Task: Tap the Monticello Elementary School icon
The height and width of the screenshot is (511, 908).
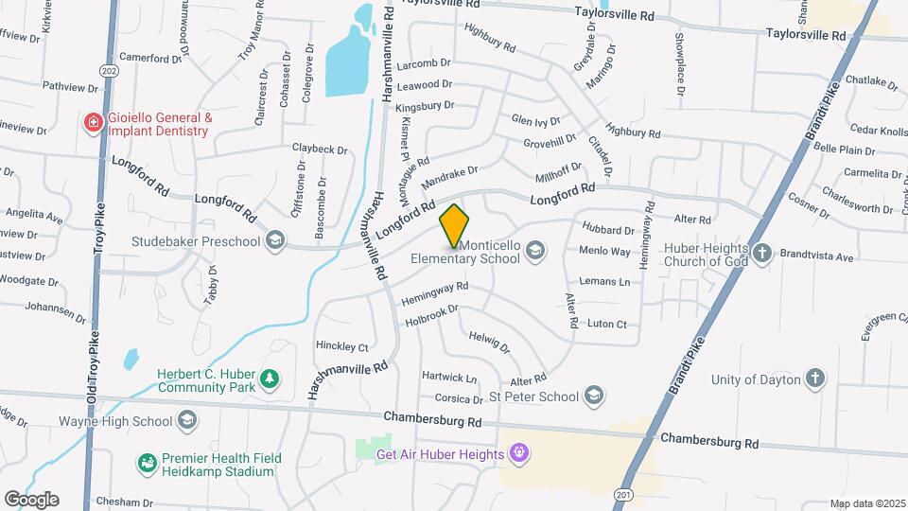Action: (x=535, y=250)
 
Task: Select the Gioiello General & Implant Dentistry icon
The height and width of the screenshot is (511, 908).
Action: (x=93, y=123)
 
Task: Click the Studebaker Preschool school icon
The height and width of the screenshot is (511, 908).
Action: (x=274, y=240)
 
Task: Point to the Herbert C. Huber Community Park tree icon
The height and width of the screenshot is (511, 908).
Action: (x=270, y=379)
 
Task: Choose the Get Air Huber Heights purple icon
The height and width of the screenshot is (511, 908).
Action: (x=517, y=454)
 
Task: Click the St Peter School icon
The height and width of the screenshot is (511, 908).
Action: (x=594, y=396)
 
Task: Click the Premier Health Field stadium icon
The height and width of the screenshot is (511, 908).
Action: (x=147, y=463)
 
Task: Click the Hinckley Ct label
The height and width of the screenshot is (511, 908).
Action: (x=341, y=347)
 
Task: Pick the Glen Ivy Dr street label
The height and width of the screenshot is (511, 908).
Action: (x=535, y=120)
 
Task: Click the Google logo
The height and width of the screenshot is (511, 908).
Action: (x=31, y=499)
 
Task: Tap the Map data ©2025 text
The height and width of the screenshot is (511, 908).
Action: (x=867, y=503)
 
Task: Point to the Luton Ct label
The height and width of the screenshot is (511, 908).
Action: (x=606, y=324)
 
